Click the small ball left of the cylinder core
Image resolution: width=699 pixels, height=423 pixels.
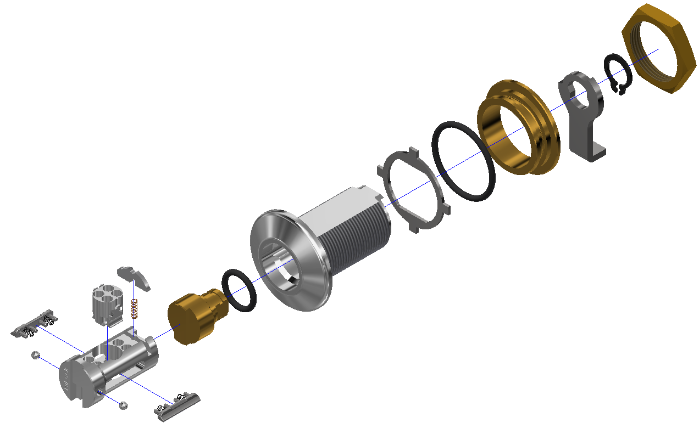point(34,355)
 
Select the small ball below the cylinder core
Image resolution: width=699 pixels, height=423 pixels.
point(124,405)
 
